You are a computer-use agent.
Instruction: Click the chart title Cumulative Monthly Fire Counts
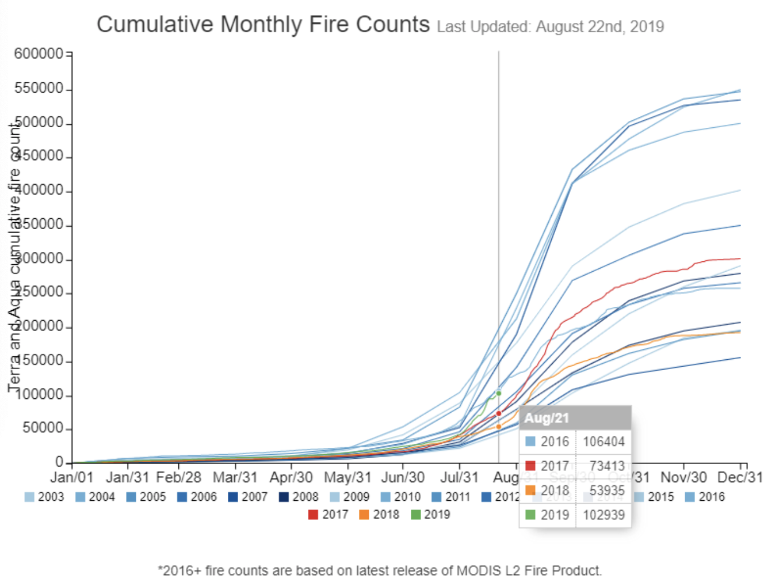pyautogui.click(x=263, y=25)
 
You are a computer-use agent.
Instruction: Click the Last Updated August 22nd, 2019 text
pyautogui.click(x=550, y=27)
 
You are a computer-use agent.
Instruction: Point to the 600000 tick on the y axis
pyautogui.click(x=39, y=54)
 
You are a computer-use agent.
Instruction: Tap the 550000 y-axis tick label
pyautogui.click(x=39, y=89)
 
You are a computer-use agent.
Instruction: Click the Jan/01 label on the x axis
pyautogui.click(x=71, y=478)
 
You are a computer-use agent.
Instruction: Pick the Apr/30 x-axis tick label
pyautogui.click(x=291, y=478)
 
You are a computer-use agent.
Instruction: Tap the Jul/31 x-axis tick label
pyautogui.click(x=459, y=478)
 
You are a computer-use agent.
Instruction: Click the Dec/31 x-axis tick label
pyautogui.click(x=740, y=478)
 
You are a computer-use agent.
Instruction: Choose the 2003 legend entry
pyautogui.click(x=44, y=497)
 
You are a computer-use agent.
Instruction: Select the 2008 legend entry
pyautogui.click(x=299, y=497)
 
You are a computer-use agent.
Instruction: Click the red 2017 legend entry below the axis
pyautogui.click(x=328, y=515)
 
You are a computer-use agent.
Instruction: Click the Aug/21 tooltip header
pyautogui.click(x=547, y=418)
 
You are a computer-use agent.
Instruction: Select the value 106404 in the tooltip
pyautogui.click(x=603, y=442)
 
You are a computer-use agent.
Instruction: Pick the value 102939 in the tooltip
pyautogui.click(x=603, y=515)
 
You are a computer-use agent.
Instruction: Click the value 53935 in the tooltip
pyautogui.click(x=606, y=490)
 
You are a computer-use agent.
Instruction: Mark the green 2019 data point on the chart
pyautogui.click(x=499, y=393)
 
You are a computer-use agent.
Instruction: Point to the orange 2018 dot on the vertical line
pyautogui.click(x=499, y=427)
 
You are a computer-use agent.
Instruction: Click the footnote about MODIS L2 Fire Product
pyautogui.click(x=380, y=571)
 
